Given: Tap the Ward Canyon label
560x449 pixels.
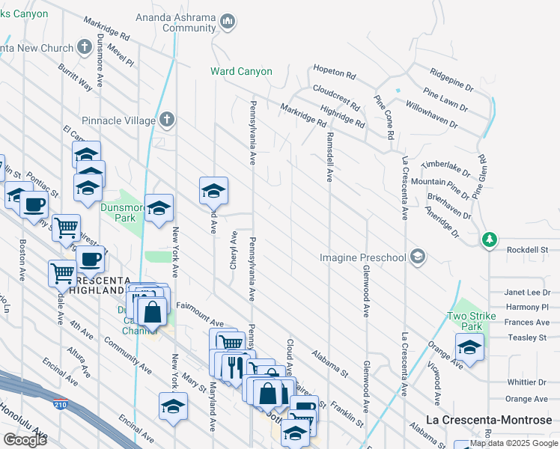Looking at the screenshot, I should [240, 72].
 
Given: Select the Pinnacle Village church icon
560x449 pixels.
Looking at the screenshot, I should [167, 119].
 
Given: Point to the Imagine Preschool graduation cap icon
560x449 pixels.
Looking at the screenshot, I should [418, 258].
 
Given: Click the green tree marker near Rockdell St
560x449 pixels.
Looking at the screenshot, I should [490, 239].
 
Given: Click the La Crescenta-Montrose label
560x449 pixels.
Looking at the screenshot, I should [489, 421].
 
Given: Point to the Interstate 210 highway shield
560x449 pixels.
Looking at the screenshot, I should [60, 405].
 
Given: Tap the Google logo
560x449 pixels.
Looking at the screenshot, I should [25, 439].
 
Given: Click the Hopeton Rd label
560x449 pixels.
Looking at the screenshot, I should [335, 73].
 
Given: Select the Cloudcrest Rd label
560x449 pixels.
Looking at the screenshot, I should [337, 97].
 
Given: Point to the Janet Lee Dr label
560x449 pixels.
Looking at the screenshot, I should [527, 293].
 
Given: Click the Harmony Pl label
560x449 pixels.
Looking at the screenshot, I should [527, 307].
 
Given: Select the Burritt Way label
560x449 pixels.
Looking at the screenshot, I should [76, 76].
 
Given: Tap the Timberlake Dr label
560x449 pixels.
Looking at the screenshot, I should [445, 168].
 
